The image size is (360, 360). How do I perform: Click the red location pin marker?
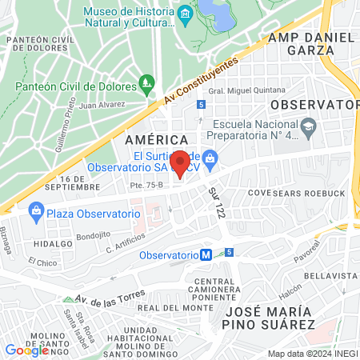181,164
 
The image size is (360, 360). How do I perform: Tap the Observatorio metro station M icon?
206,255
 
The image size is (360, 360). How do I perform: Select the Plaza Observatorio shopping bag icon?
35,211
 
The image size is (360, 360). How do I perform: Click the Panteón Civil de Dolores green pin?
146,82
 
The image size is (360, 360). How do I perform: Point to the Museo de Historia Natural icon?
186,14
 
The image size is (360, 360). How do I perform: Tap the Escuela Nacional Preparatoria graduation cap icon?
309,126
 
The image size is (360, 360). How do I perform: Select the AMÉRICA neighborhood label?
150,139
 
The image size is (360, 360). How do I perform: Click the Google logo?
26,350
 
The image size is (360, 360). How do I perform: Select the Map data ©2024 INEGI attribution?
311,354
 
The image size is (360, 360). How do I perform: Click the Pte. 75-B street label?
123,185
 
